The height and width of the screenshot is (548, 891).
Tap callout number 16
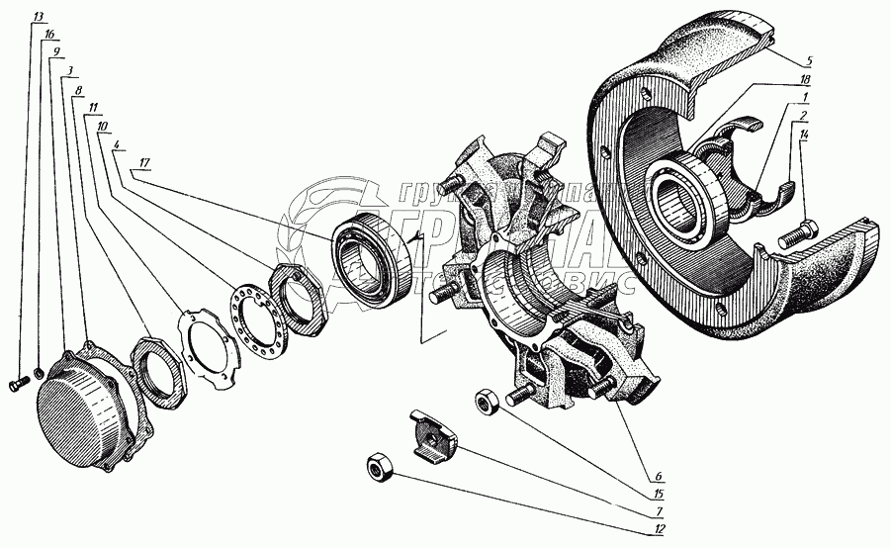(49, 34)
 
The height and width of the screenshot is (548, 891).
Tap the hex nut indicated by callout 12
(378, 466)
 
